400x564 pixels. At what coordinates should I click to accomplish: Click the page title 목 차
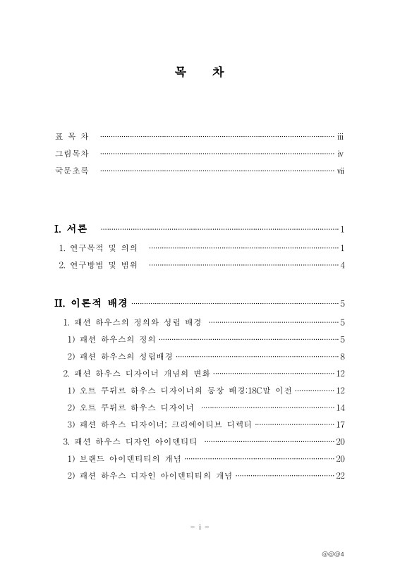pos(200,72)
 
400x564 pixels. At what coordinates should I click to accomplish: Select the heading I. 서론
pos(71,229)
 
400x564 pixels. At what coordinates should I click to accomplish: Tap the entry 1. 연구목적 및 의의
pos(98,247)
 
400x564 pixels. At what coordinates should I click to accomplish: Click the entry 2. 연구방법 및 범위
pos(98,265)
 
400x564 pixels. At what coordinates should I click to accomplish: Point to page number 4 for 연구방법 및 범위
pos(341,266)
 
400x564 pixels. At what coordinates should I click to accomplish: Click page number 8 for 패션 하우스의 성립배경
pos(341,356)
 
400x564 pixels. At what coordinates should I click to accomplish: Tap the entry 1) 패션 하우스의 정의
pos(116,339)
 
